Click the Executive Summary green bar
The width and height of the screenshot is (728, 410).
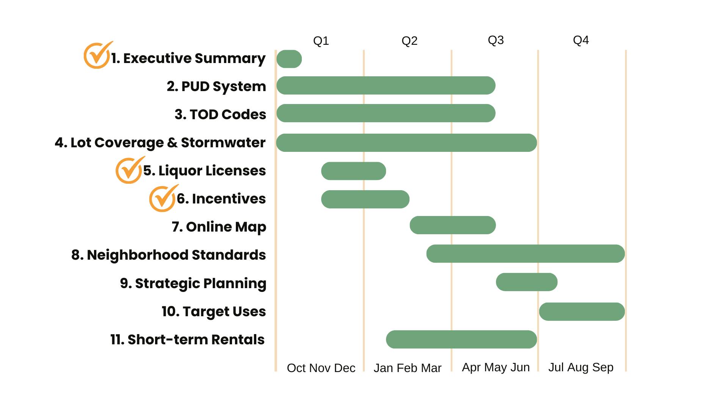[289, 59]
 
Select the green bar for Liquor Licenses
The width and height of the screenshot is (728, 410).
[353, 171]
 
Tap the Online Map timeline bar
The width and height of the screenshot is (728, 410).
[452, 225]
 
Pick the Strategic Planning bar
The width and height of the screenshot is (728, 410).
[526, 282]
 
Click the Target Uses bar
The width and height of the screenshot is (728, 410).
[582, 312]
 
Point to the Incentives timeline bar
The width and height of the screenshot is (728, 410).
[365, 199]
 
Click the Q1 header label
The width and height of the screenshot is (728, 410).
[321, 41]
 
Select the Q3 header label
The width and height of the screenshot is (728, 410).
[496, 40]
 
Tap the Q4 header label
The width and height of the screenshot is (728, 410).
[581, 40]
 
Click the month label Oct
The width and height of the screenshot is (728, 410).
[296, 368]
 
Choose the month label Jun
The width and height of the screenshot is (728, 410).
[520, 367]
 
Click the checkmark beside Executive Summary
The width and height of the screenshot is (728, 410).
[97, 55]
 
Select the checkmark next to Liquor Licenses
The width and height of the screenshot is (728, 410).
[129, 170]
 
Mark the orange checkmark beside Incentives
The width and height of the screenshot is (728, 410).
[163, 199]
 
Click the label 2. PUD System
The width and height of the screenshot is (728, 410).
[216, 87]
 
